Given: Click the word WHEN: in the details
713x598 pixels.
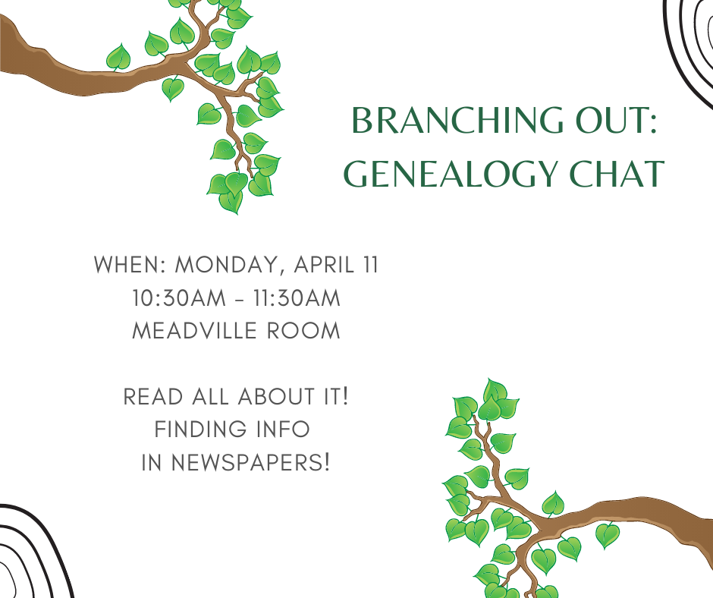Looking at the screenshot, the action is point(130,265).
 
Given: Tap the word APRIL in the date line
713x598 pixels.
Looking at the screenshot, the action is point(324,265).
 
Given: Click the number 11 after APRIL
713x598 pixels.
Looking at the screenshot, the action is point(371,265).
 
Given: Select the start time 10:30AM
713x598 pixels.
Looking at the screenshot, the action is point(179,298).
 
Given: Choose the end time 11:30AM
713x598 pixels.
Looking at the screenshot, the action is point(297,298).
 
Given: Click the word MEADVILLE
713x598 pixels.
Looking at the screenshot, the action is point(195,331).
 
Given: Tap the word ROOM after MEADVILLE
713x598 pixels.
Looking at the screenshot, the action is point(303,331).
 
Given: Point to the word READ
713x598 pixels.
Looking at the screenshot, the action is point(153,396).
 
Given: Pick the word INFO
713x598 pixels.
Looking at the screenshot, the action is point(283,430).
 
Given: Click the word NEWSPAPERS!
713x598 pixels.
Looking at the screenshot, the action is point(250,462).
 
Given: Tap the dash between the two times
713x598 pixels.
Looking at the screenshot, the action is point(240,300).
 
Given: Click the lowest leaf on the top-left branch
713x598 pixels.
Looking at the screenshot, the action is point(231,202).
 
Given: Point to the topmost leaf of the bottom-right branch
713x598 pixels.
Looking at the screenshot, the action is point(495,391).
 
